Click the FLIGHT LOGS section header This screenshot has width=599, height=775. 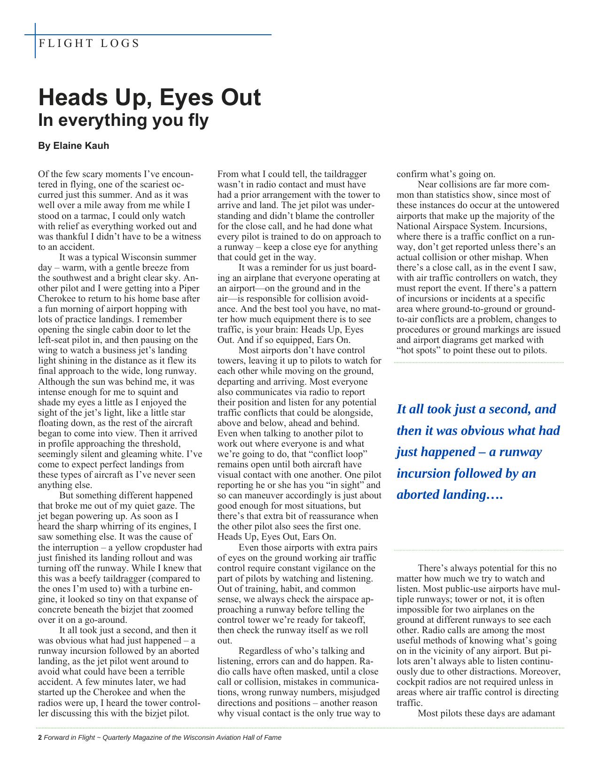tap(89, 44)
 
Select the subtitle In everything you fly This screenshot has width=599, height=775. tap(123, 120)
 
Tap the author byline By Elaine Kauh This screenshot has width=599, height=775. tap(73, 146)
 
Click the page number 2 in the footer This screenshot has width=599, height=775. tap(40, 737)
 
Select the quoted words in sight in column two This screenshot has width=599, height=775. tap(347, 485)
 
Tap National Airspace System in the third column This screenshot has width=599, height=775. tap(446, 226)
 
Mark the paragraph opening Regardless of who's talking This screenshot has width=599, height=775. tap(301, 651)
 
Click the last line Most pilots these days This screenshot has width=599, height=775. tap(486, 713)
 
